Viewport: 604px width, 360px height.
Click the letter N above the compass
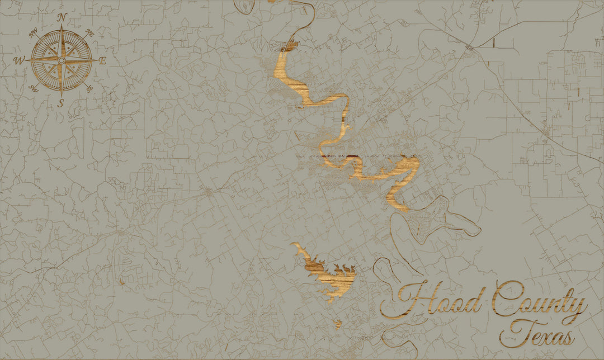[x=62, y=17]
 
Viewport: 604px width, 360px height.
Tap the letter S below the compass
[x=62, y=103]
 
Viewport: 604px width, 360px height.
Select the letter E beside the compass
[x=102, y=61]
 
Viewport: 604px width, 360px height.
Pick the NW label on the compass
[x=33, y=31]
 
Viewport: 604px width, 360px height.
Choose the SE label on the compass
[x=89, y=87]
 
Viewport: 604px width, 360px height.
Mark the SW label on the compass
[x=34, y=88]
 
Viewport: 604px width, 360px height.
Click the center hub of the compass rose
[x=62, y=60]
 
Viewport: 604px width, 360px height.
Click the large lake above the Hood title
[x=327, y=277]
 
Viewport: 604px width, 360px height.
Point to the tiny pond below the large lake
[x=338, y=323]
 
